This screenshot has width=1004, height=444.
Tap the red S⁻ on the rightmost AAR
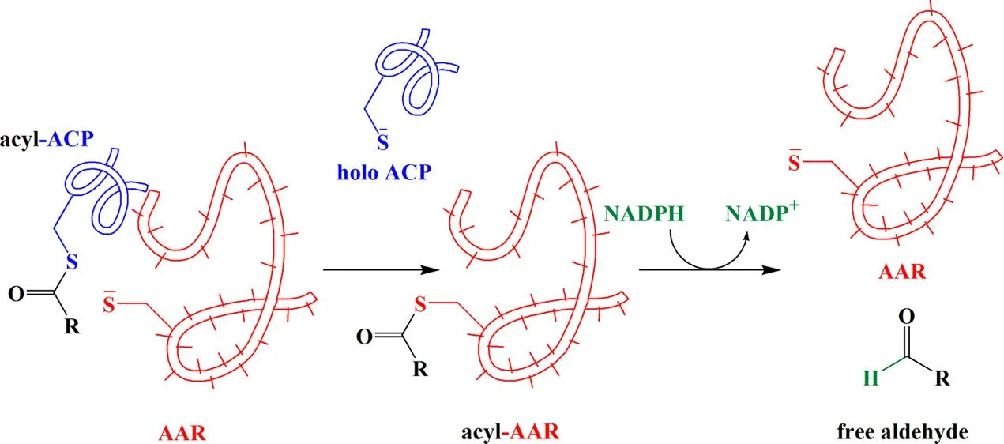click(x=796, y=164)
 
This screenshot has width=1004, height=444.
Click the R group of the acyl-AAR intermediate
click(x=421, y=367)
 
